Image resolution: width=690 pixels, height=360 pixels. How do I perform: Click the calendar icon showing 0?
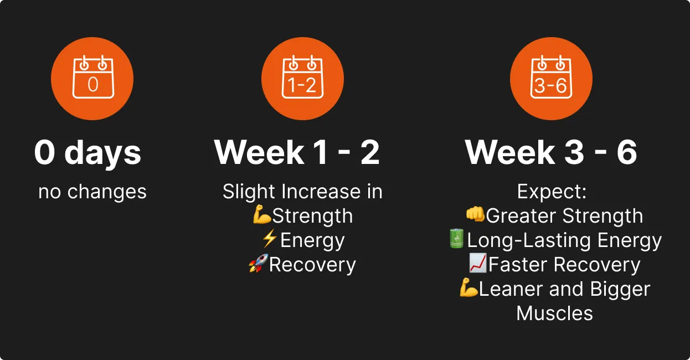coord(93,77)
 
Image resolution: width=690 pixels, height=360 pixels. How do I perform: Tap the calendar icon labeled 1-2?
coord(302,77)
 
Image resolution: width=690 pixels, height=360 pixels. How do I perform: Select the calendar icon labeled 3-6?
coord(551,77)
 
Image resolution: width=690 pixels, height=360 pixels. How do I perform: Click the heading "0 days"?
coord(88,153)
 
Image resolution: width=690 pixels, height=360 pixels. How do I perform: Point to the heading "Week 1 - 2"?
coord(297,152)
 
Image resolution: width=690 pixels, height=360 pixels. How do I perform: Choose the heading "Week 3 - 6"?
coord(551,152)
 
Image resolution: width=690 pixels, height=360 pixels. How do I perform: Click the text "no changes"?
coord(92,192)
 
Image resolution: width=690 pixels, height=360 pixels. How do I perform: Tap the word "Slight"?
coord(250,192)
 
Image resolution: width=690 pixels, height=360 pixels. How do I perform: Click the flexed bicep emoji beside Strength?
coord(262,214)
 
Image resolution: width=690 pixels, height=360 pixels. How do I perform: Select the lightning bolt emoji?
coord(270,238)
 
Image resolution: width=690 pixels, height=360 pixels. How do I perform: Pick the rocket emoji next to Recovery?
coord(259,263)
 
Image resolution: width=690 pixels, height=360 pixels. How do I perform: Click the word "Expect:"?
coord(552,192)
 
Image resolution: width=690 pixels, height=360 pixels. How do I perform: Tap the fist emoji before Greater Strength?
coord(475,214)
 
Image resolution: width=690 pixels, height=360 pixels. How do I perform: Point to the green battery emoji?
coord(456,238)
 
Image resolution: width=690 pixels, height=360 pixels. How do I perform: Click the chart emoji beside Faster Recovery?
coord(478,263)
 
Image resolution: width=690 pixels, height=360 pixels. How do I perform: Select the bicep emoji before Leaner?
coord(468,287)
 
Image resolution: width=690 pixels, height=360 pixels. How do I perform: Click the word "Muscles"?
coord(554,313)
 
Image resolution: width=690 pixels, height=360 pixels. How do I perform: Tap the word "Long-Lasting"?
coord(529,240)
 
